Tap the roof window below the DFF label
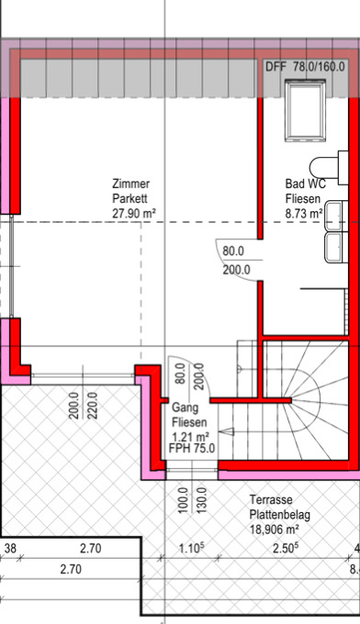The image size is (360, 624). click(x=305, y=110)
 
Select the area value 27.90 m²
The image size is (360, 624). click(x=134, y=213)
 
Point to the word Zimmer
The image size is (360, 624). click(x=131, y=184)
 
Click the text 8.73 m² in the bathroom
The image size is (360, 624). click(x=303, y=213)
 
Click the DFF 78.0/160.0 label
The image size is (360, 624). click(x=305, y=66)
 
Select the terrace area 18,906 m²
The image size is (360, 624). click(x=275, y=529)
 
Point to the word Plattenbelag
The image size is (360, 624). click(x=279, y=515)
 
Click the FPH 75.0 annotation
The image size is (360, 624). click(x=192, y=448)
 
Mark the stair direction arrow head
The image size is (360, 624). click(x=228, y=431)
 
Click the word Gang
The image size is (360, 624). click(x=186, y=407)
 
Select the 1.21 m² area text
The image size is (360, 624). click(x=191, y=436)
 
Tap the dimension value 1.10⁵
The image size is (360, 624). click(x=192, y=549)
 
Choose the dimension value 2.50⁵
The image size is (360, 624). click(x=286, y=549)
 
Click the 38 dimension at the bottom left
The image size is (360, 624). click(x=10, y=549)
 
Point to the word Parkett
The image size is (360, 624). click(x=129, y=198)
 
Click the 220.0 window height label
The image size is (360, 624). click(x=93, y=406)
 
